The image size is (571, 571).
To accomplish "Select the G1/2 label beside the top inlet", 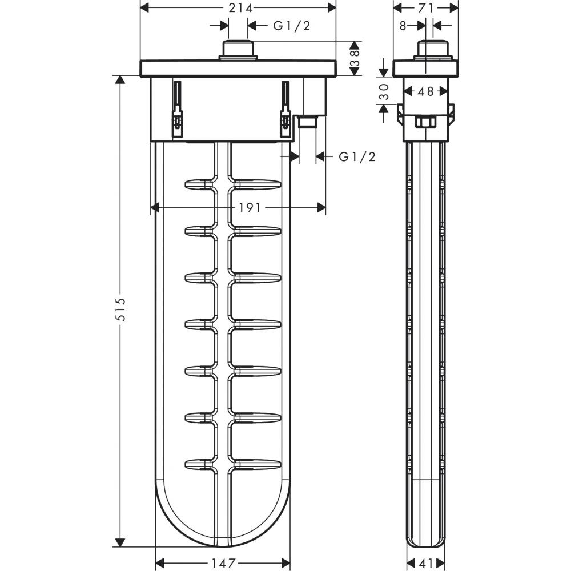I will click(291, 26).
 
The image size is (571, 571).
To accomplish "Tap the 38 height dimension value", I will click(355, 58).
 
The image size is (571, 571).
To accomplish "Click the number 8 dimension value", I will click(403, 26).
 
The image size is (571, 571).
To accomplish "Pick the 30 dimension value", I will click(384, 91).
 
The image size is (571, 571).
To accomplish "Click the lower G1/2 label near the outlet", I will click(357, 156).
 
